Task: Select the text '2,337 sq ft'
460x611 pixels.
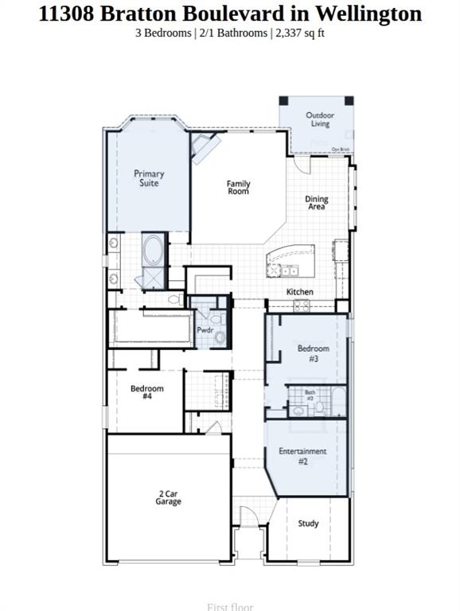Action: (299, 33)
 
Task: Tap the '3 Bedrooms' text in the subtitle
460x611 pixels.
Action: (163, 33)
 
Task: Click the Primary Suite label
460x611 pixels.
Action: (149, 178)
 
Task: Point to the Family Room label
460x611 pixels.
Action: (238, 188)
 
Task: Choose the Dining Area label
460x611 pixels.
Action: (317, 203)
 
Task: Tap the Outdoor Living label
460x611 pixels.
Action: (320, 119)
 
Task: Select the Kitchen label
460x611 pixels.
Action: (300, 292)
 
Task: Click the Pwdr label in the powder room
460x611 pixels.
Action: (205, 330)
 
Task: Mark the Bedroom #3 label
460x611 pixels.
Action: (314, 353)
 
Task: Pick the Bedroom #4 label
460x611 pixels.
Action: (147, 392)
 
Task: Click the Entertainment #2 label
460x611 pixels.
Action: (302, 456)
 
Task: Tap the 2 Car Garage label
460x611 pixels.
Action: (169, 497)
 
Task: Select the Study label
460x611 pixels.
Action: (308, 523)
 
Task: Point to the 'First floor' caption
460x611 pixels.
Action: (230, 606)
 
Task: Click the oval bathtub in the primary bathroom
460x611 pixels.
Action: (153, 251)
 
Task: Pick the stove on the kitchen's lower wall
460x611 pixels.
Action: (302, 305)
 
